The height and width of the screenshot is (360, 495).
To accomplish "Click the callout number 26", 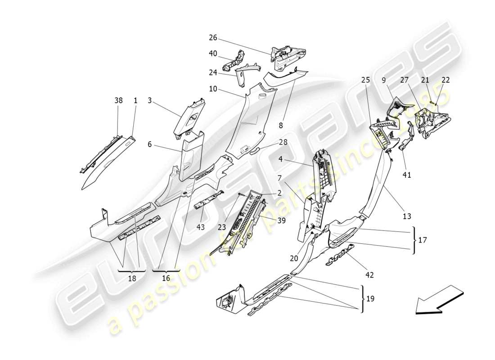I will tap(213, 37).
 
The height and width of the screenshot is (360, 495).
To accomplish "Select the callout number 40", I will tap(213, 53).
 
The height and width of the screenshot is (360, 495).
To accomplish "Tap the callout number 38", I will tap(118, 102).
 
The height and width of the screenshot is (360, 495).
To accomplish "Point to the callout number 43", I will tap(201, 227).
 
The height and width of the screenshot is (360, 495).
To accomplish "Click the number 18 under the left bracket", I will tap(132, 278).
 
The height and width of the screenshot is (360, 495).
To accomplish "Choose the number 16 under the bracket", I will tap(166, 278).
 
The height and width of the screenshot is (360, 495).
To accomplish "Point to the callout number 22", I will tap(445, 80).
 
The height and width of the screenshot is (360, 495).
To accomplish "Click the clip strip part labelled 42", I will tap(341, 254).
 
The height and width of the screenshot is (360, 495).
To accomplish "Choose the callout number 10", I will tap(213, 89).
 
